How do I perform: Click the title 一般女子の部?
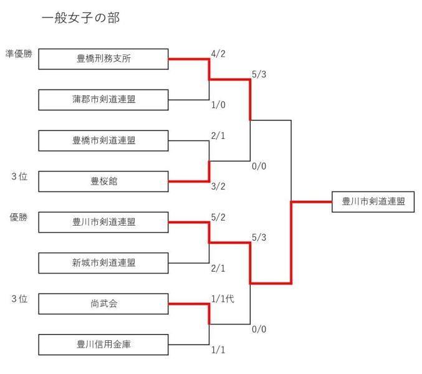click(81, 18)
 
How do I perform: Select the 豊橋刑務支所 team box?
click(103, 59)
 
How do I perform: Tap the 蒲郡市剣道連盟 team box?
click(103, 100)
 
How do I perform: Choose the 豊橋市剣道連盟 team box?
click(103, 141)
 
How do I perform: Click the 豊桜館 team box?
click(103, 181)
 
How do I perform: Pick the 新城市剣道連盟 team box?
click(103, 263)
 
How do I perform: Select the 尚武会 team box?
click(103, 304)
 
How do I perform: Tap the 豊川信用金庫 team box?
click(103, 345)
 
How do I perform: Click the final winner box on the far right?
click(373, 202)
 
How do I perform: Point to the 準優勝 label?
click(19, 54)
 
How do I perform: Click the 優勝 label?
click(19, 217)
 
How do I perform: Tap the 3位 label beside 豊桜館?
click(19, 176)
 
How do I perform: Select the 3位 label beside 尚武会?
click(19, 299)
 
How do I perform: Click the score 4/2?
click(218, 54)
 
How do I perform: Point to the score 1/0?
click(218, 105)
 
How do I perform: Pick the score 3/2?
click(218, 186)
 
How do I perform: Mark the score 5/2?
click(218, 217)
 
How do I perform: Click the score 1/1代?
click(223, 299)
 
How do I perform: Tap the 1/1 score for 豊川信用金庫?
click(218, 350)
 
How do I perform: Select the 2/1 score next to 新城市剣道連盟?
click(218, 268)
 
